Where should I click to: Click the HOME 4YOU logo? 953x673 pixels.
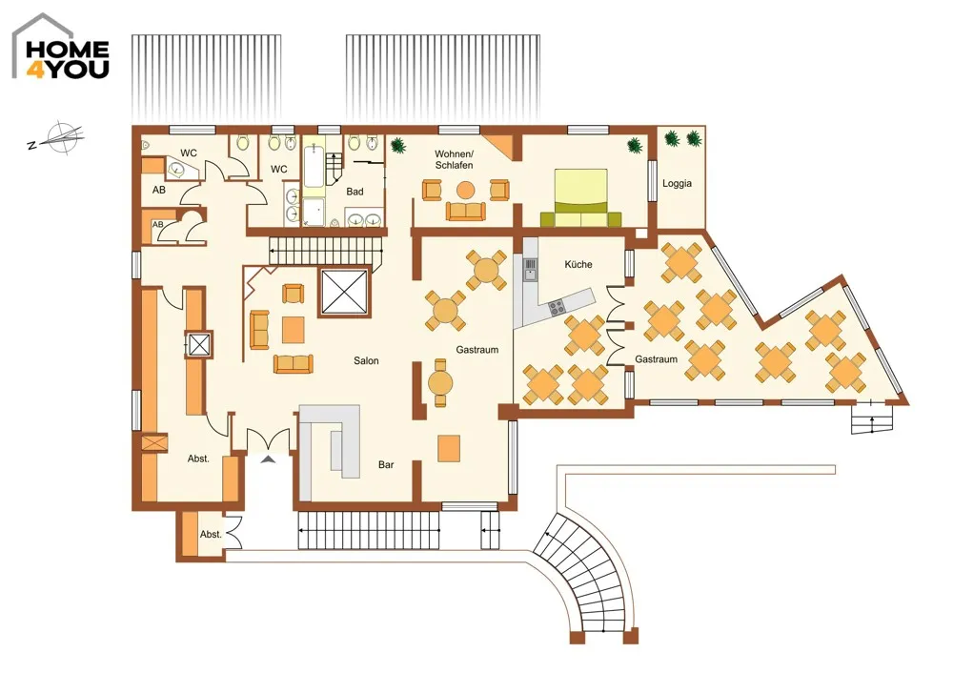click(x=61, y=47)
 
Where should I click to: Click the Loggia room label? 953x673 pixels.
click(x=677, y=183)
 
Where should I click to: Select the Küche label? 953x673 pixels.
click(x=578, y=264)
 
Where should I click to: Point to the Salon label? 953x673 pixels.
click(x=366, y=360)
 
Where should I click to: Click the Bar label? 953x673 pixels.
click(x=386, y=464)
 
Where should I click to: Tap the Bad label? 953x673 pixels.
click(x=355, y=192)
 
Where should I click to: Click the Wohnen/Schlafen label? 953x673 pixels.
click(x=454, y=159)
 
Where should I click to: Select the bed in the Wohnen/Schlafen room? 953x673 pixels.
click(x=581, y=197)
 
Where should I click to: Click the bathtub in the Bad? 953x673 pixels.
click(x=314, y=165)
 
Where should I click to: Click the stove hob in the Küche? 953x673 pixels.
click(x=557, y=308)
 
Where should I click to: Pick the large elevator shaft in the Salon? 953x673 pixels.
click(x=344, y=292)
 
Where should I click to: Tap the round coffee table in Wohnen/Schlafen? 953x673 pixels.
click(x=465, y=191)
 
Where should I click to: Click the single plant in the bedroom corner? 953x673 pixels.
click(x=635, y=145)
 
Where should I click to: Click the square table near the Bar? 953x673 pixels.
click(x=449, y=449)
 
